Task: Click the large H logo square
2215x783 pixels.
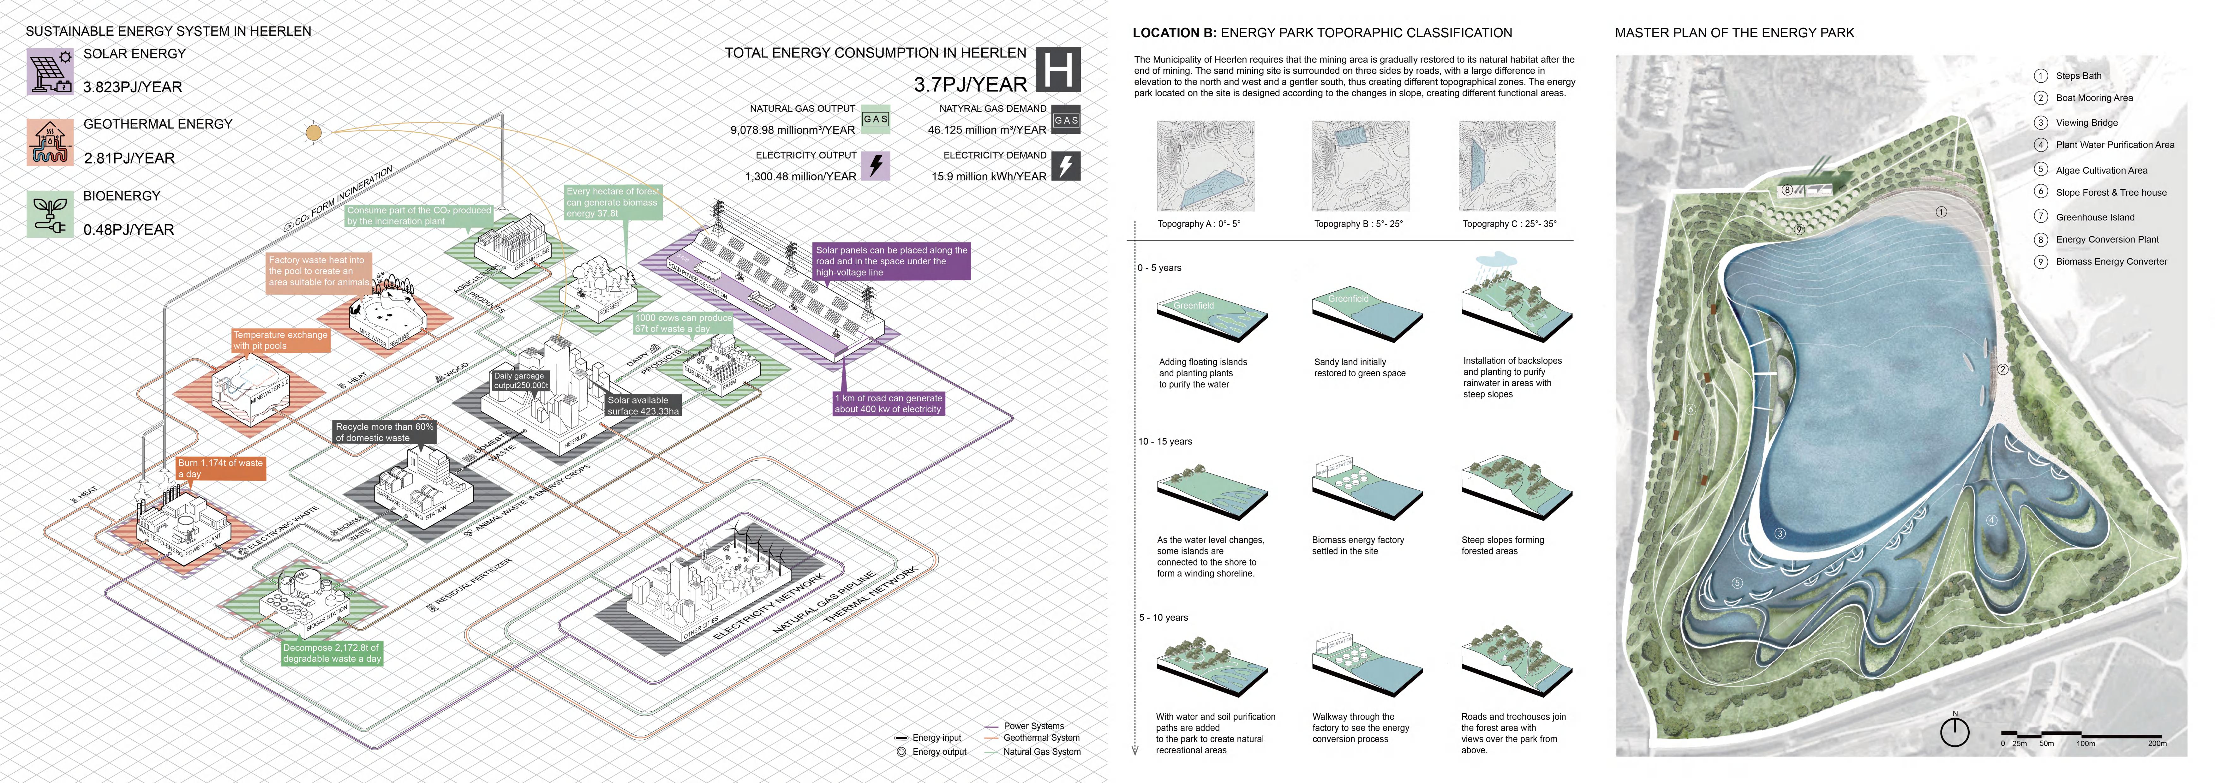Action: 1058,70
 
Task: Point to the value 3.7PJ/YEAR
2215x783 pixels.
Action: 970,84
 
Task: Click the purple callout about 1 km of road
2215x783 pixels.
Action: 888,403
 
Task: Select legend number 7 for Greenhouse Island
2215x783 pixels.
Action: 2040,217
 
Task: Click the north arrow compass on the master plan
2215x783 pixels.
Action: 1955,732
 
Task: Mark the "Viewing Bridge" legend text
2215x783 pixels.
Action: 2086,123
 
